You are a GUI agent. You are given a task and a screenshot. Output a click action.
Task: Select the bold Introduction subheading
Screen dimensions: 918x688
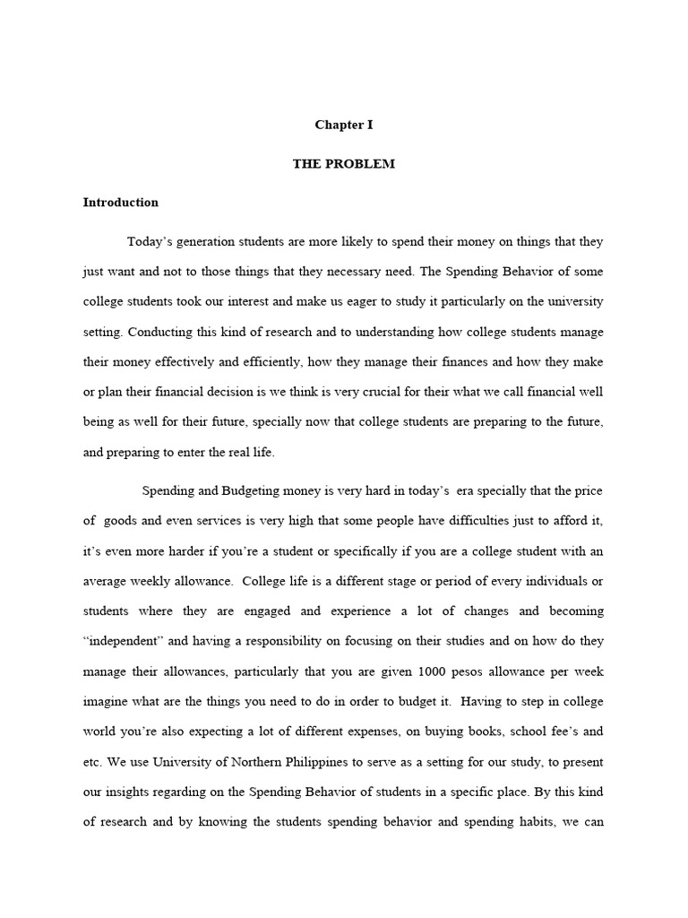coord(121,203)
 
